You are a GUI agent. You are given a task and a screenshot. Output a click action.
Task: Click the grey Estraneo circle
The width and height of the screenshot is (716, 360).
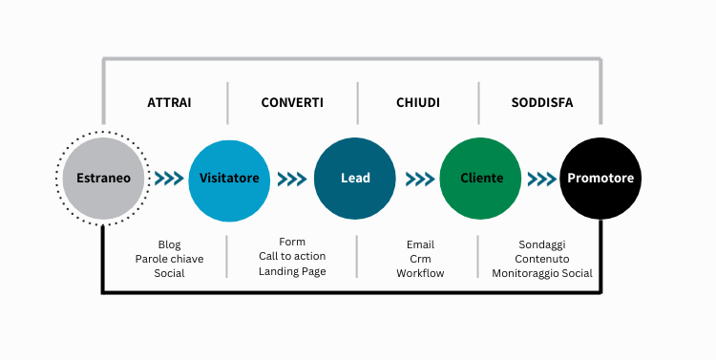point(103,179)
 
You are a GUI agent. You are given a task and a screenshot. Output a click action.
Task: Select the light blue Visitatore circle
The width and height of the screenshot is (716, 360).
point(228,179)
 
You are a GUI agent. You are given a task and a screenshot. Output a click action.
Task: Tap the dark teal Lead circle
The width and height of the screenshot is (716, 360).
point(355,179)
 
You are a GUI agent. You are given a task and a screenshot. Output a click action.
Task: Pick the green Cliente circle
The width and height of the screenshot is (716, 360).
point(480,179)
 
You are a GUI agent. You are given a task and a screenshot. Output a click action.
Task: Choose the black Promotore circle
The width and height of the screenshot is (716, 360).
point(600,179)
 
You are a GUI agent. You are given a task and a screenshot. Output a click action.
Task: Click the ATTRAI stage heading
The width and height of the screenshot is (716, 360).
point(169,102)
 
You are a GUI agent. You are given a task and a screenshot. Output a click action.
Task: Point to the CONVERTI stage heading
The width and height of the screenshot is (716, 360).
point(292,102)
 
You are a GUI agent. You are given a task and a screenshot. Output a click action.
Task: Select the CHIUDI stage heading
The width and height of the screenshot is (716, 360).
point(417,102)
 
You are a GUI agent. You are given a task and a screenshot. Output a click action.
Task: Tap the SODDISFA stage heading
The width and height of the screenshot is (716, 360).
point(541,102)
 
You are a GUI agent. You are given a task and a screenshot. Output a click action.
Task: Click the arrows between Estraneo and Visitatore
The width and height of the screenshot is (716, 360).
point(167,179)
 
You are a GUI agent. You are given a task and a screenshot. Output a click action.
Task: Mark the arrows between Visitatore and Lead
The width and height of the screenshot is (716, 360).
point(292,179)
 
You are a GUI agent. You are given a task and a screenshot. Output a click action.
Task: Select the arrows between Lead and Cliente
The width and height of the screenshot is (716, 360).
point(419,179)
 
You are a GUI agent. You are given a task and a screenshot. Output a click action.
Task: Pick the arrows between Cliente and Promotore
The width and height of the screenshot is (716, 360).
point(541,179)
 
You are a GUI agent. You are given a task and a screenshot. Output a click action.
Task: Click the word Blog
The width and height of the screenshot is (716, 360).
point(169,244)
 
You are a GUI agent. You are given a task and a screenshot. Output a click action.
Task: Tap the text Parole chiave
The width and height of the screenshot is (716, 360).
point(169,259)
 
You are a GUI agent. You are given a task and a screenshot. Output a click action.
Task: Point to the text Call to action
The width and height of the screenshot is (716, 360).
point(292,256)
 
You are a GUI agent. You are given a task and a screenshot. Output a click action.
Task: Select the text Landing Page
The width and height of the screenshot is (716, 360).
point(292,271)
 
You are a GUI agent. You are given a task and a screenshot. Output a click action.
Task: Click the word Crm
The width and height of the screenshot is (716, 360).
point(421,259)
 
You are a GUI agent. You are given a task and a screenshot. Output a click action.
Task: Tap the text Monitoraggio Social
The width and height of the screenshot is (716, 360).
point(542,273)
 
